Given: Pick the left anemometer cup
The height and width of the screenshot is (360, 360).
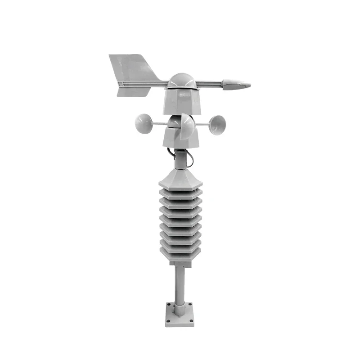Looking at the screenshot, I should tap(144, 122).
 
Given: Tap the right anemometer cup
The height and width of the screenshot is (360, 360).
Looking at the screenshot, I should tap(218, 123).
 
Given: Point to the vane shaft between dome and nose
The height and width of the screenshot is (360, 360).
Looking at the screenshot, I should tap(209, 84).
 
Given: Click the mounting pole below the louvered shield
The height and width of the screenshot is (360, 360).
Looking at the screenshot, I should tap(180, 288).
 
